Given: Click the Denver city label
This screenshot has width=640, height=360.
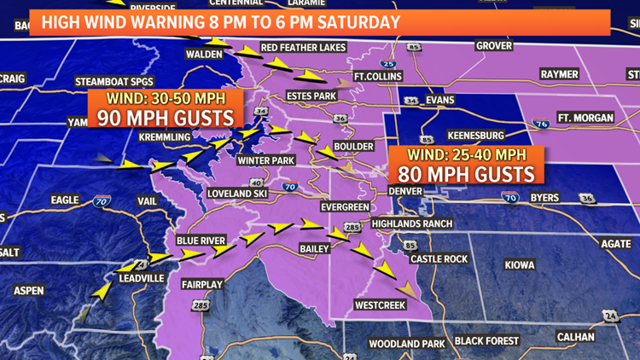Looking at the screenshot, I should click(405, 192).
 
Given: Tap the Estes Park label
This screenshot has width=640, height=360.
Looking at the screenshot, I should click(311, 96).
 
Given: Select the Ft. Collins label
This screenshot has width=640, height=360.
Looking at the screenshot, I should click(378, 77).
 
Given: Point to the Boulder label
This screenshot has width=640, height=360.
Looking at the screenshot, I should click(353, 147).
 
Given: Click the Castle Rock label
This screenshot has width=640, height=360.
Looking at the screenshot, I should click(439, 258).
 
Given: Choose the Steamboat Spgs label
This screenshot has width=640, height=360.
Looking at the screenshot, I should click(113, 81).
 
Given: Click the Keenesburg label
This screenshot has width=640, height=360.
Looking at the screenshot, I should click(475, 136).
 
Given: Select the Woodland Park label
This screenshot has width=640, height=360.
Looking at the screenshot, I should click(407, 344).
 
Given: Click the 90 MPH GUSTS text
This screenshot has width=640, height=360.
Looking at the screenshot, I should click(166, 117).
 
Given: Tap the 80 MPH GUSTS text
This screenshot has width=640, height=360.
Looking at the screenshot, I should click(466, 174).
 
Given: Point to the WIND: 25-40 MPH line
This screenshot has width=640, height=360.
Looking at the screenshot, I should click(466, 155).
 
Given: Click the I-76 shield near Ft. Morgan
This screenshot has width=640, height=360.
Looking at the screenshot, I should click(541, 125).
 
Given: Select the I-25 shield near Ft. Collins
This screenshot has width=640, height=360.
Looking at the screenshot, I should click(388, 63).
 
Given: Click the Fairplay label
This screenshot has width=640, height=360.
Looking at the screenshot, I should click(202, 283).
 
